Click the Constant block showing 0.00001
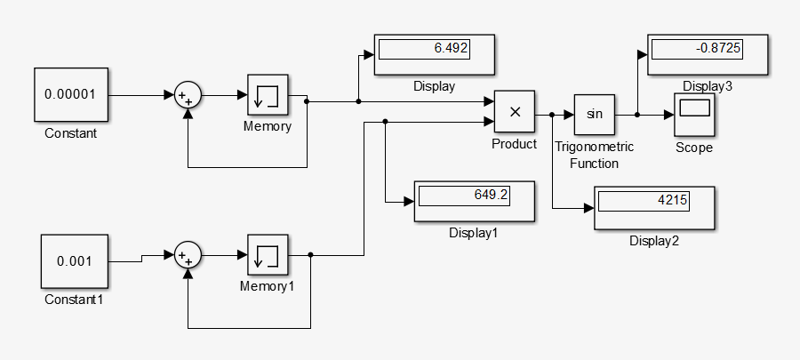[x=70, y=94]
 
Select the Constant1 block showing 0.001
[x=75, y=261]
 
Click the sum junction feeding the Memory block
[x=188, y=95]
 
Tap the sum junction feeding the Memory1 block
[x=188, y=256]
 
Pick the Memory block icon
[x=268, y=95]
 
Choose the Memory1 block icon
[x=268, y=256]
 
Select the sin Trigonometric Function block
[x=595, y=114]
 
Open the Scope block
[x=694, y=114]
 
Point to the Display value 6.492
[x=423, y=48]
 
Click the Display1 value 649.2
[x=463, y=195]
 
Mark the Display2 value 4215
[x=643, y=201]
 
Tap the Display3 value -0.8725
[x=695, y=47]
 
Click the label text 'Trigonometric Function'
[x=594, y=155]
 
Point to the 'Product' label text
[x=515, y=144]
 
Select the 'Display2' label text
[x=654, y=241]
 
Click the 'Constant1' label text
[x=75, y=300]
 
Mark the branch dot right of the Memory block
[x=307, y=101]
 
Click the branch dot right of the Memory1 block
[x=310, y=255]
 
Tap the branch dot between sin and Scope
[x=637, y=114]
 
